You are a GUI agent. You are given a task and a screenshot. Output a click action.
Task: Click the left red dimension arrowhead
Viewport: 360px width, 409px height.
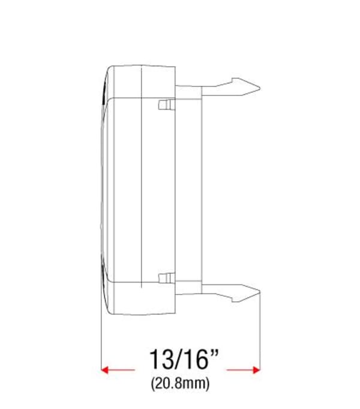(x=106, y=370)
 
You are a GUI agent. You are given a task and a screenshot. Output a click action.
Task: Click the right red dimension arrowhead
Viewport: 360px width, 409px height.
(x=257, y=370)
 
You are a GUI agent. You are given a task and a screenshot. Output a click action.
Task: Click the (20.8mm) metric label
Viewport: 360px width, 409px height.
(x=181, y=384)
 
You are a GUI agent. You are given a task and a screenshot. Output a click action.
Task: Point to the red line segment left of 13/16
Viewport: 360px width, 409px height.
(x=123, y=370)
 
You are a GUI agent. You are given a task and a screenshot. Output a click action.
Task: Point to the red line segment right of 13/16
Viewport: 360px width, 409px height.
(x=240, y=370)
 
